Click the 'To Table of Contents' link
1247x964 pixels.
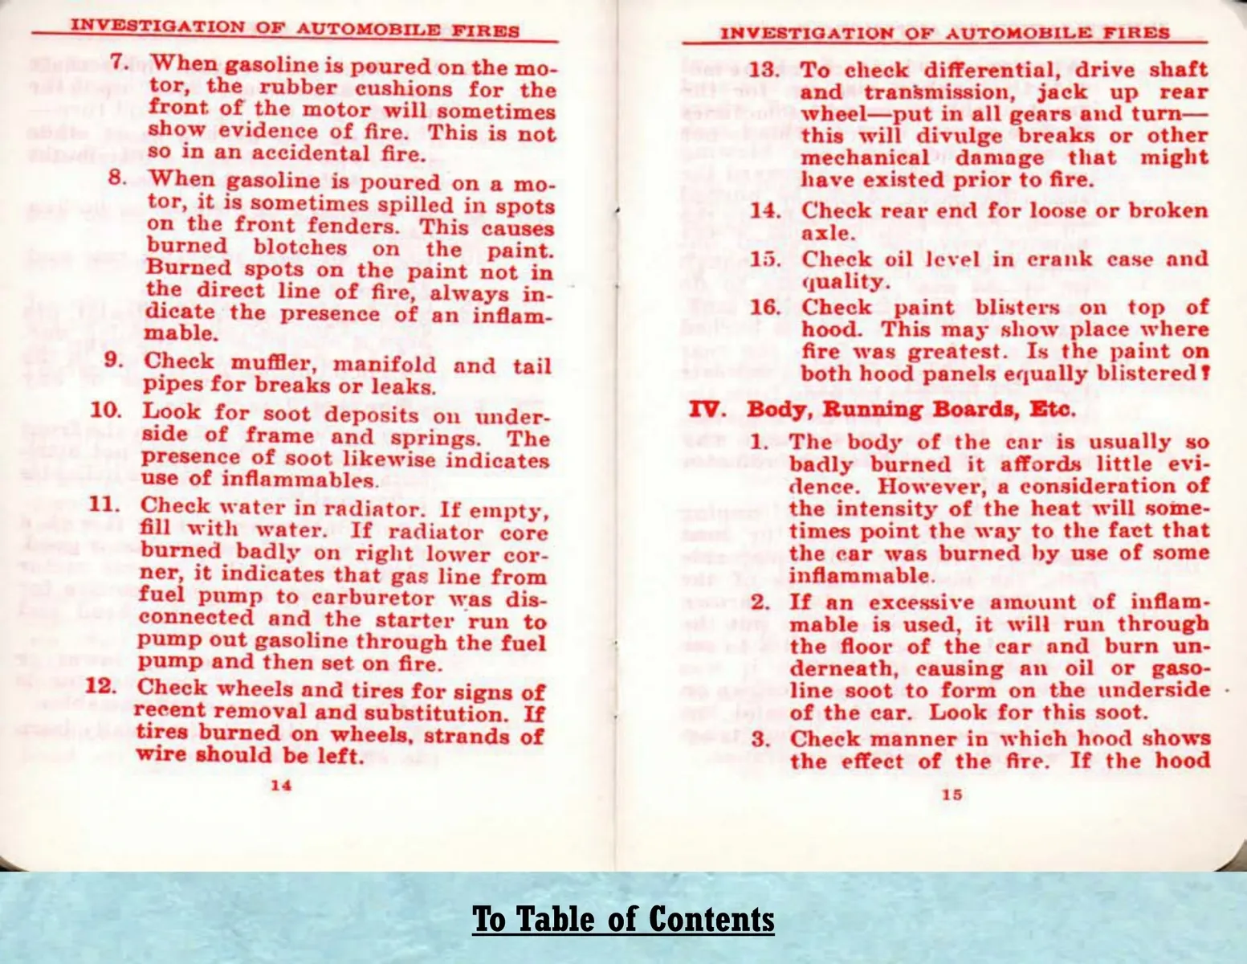(623, 919)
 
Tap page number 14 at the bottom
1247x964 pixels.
(280, 785)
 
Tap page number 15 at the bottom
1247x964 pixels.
(952, 794)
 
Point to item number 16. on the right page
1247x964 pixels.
(765, 307)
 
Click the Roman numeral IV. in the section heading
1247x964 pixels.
(707, 409)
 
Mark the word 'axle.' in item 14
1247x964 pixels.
(827, 233)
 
